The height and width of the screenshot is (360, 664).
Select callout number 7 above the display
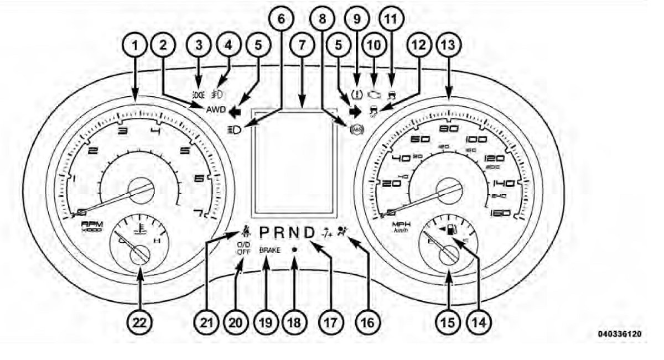click(302, 47)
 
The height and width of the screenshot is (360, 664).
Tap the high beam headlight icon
click(234, 131)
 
